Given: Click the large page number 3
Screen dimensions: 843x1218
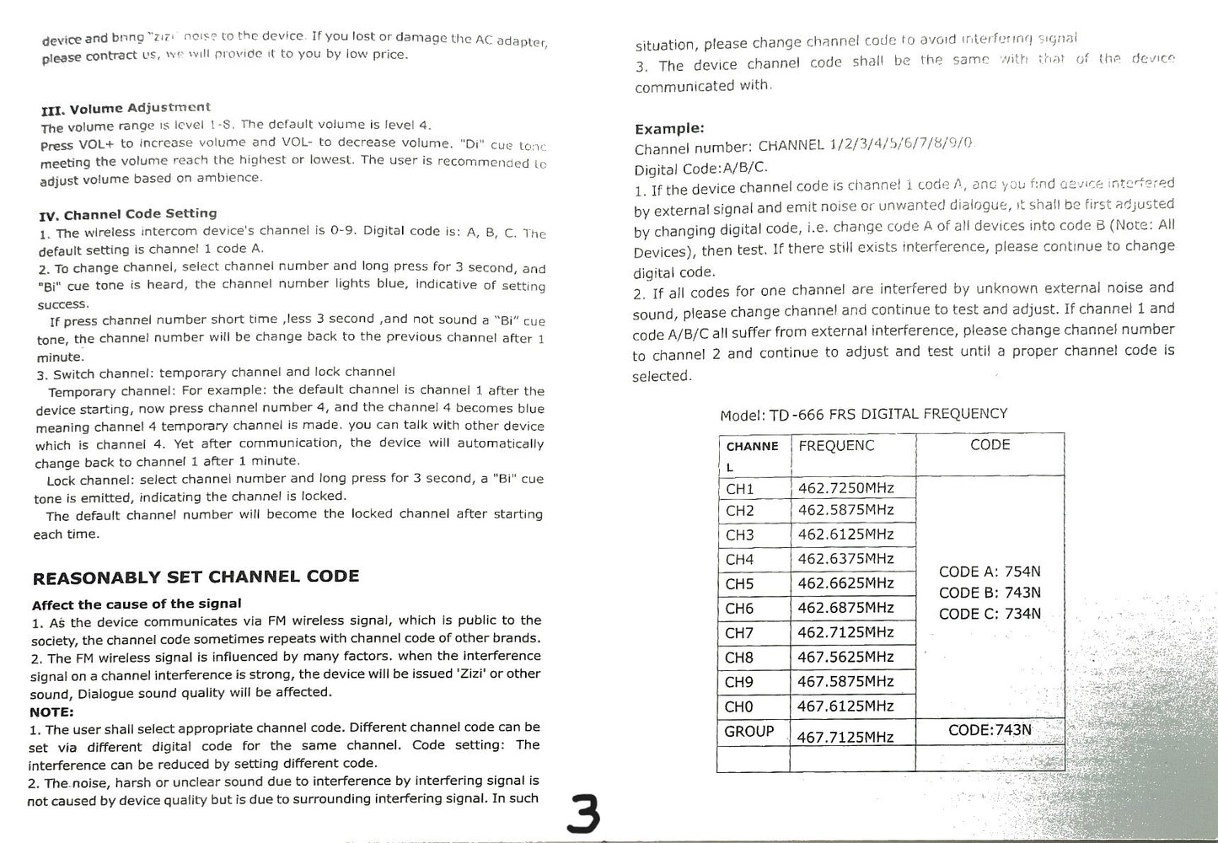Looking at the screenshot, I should (x=582, y=813).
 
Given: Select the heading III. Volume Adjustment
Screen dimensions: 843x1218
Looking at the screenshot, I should (x=126, y=108).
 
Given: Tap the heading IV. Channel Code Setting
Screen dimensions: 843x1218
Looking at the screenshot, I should (x=128, y=214).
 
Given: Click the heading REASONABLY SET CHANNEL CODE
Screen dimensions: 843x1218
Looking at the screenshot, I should (x=196, y=577).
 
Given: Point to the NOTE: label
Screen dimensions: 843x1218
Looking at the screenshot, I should (x=51, y=711).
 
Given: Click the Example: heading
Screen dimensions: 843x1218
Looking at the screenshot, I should (x=669, y=129).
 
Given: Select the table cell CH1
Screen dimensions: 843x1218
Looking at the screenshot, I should (x=740, y=489).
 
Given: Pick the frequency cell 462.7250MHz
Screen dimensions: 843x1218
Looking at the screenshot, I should (x=845, y=488).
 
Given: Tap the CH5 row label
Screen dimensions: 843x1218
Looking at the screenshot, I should (x=739, y=584).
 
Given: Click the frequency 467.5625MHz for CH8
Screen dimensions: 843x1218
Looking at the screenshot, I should (x=845, y=657).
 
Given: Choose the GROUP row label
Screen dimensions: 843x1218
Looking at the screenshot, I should (x=749, y=732).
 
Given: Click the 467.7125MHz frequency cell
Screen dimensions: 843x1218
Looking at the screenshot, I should (x=845, y=737).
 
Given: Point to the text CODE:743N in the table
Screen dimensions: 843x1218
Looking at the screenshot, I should (x=990, y=730).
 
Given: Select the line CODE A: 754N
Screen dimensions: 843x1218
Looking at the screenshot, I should (x=990, y=572).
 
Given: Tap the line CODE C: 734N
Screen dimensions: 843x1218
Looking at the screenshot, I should (x=990, y=614).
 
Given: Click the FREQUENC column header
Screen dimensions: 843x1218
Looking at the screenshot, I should (x=836, y=446).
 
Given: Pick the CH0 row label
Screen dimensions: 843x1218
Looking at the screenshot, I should (x=739, y=707).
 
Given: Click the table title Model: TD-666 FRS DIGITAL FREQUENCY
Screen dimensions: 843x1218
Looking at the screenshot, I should (x=863, y=414).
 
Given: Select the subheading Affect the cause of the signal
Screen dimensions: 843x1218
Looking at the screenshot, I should (x=137, y=604).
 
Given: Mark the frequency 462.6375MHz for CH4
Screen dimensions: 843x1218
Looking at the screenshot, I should (x=845, y=559).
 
